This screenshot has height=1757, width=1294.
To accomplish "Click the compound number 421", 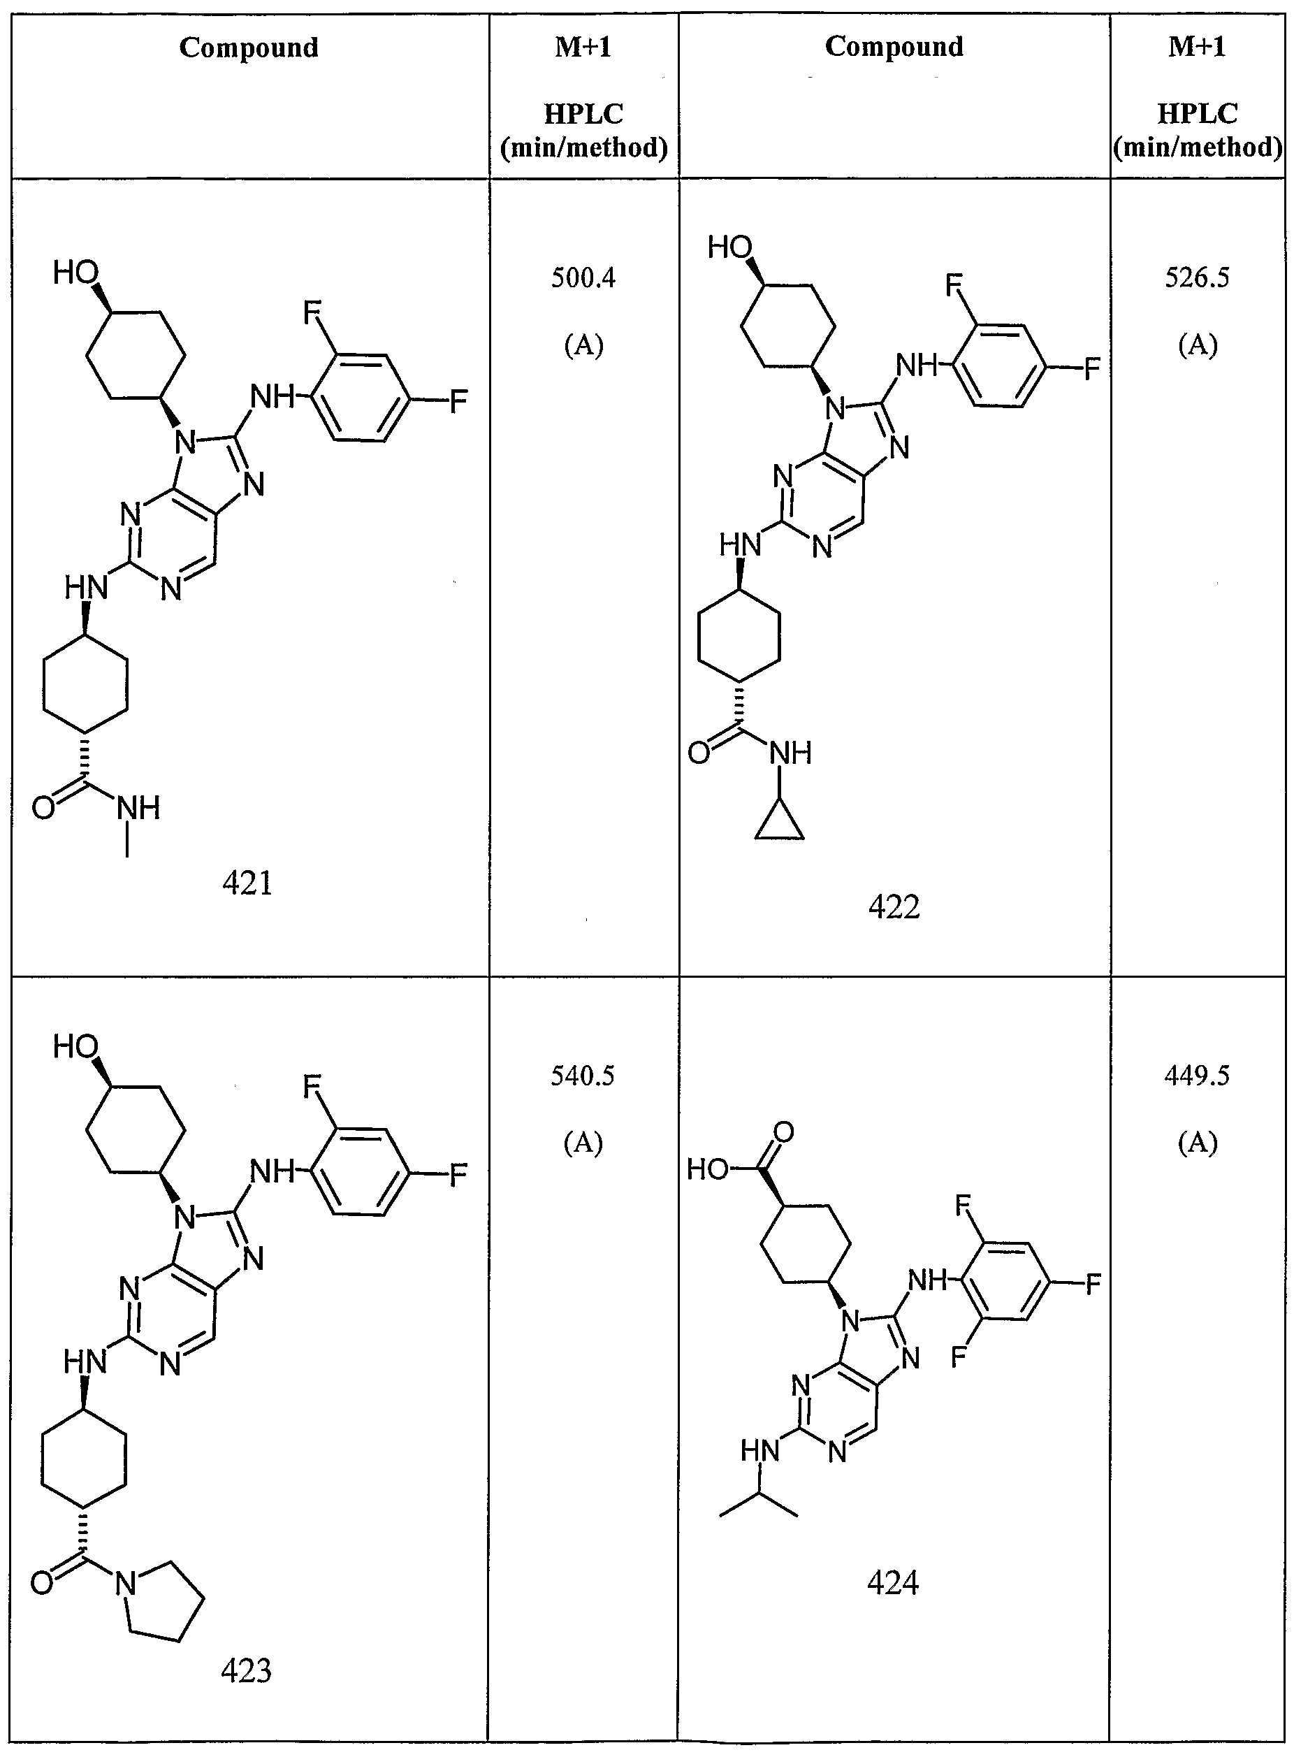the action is point(247,883).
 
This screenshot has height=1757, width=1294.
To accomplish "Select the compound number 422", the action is point(894,907).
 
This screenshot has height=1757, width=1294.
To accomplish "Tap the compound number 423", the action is point(247,1671).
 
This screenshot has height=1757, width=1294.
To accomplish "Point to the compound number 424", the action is point(893,1583).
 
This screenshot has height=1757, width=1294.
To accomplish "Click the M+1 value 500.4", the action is point(583,277).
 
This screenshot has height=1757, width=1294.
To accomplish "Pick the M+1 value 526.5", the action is point(1197,277).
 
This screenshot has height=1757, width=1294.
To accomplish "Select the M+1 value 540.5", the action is point(583,1076).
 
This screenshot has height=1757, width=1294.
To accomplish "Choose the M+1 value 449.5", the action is point(1197,1076).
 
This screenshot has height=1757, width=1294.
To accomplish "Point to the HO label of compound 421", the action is point(75,273).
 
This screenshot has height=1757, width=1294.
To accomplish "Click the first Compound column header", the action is point(249,48).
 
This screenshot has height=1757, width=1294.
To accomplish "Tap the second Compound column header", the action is point(894,47).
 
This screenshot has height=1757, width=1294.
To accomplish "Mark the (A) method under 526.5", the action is point(1198,345).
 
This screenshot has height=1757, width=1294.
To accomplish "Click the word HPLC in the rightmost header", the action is point(1198,114).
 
